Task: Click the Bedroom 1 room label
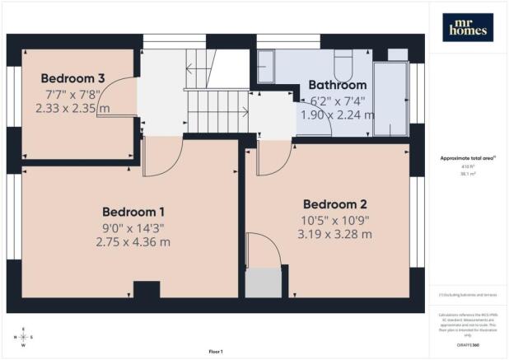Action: [x=133, y=210]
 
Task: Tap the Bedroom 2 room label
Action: [x=334, y=204]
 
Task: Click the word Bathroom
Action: [x=338, y=85]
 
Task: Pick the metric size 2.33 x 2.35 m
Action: [x=73, y=107]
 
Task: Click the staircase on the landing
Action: [x=216, y=111]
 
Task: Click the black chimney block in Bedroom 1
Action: [x=146, y=289]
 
